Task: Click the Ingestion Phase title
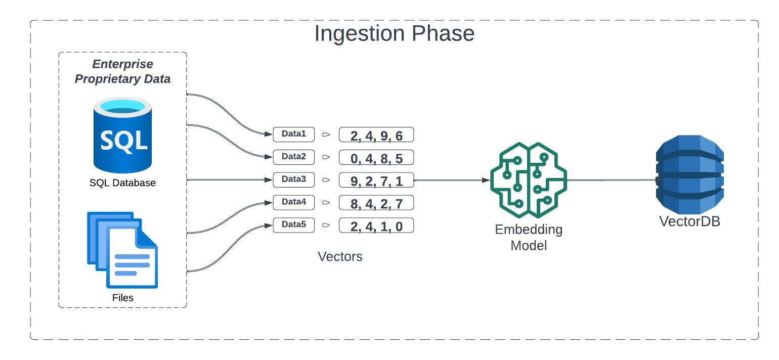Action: pos(394,33)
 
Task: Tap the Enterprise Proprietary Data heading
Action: pos(122,71)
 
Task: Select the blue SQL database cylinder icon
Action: pos(122,135)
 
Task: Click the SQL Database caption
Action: pos(122,183)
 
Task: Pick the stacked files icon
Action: pos(122,250)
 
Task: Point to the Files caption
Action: pos(122,298)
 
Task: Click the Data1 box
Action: pos(294,134)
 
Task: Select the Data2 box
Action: pos(294,157)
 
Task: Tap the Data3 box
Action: pos(294,179)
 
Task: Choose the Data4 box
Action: pos(294,202)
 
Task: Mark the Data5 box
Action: pos(294,224)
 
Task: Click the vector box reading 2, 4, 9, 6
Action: pos(376,135)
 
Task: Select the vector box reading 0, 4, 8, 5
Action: pos(376,158)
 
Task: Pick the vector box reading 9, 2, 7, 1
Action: pos(376,180)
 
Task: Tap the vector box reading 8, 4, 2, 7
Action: pos(376,203)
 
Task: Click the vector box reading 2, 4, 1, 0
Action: pos(376,226)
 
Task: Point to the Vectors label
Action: pos(340,256)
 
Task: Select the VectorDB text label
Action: pos(689,221)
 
